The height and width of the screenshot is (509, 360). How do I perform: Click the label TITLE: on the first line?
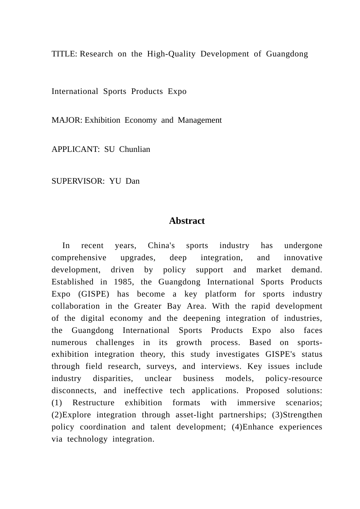64,54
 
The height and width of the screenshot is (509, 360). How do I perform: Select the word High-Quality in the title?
171,54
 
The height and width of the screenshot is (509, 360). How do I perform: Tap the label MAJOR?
67,120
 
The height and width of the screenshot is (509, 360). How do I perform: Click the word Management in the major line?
200,120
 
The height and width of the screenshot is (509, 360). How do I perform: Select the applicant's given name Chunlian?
135,149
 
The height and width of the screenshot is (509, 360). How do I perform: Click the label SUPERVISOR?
78,181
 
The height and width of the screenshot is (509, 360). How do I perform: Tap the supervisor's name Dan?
133,181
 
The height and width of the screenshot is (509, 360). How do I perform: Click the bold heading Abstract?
187,221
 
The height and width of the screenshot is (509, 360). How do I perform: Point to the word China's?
161,245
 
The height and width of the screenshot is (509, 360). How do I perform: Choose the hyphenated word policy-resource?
294,378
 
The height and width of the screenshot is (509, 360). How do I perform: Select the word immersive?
256,403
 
